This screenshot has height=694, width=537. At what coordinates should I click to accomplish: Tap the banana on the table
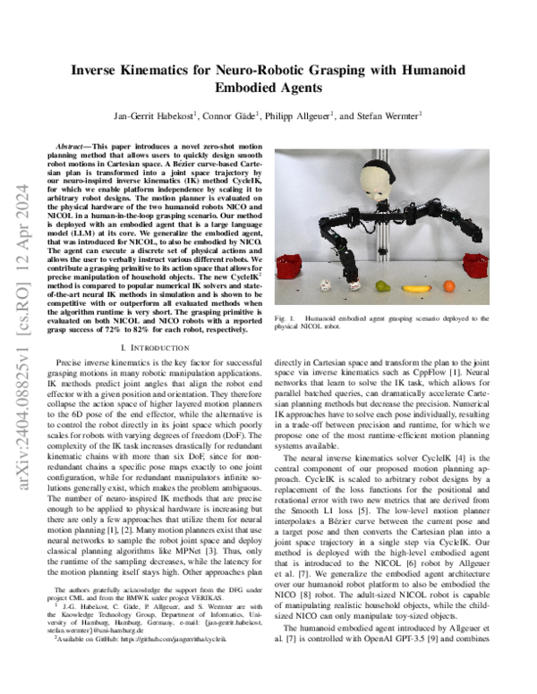point(413,288)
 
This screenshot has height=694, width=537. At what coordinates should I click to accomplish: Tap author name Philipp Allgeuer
point(300,115)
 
